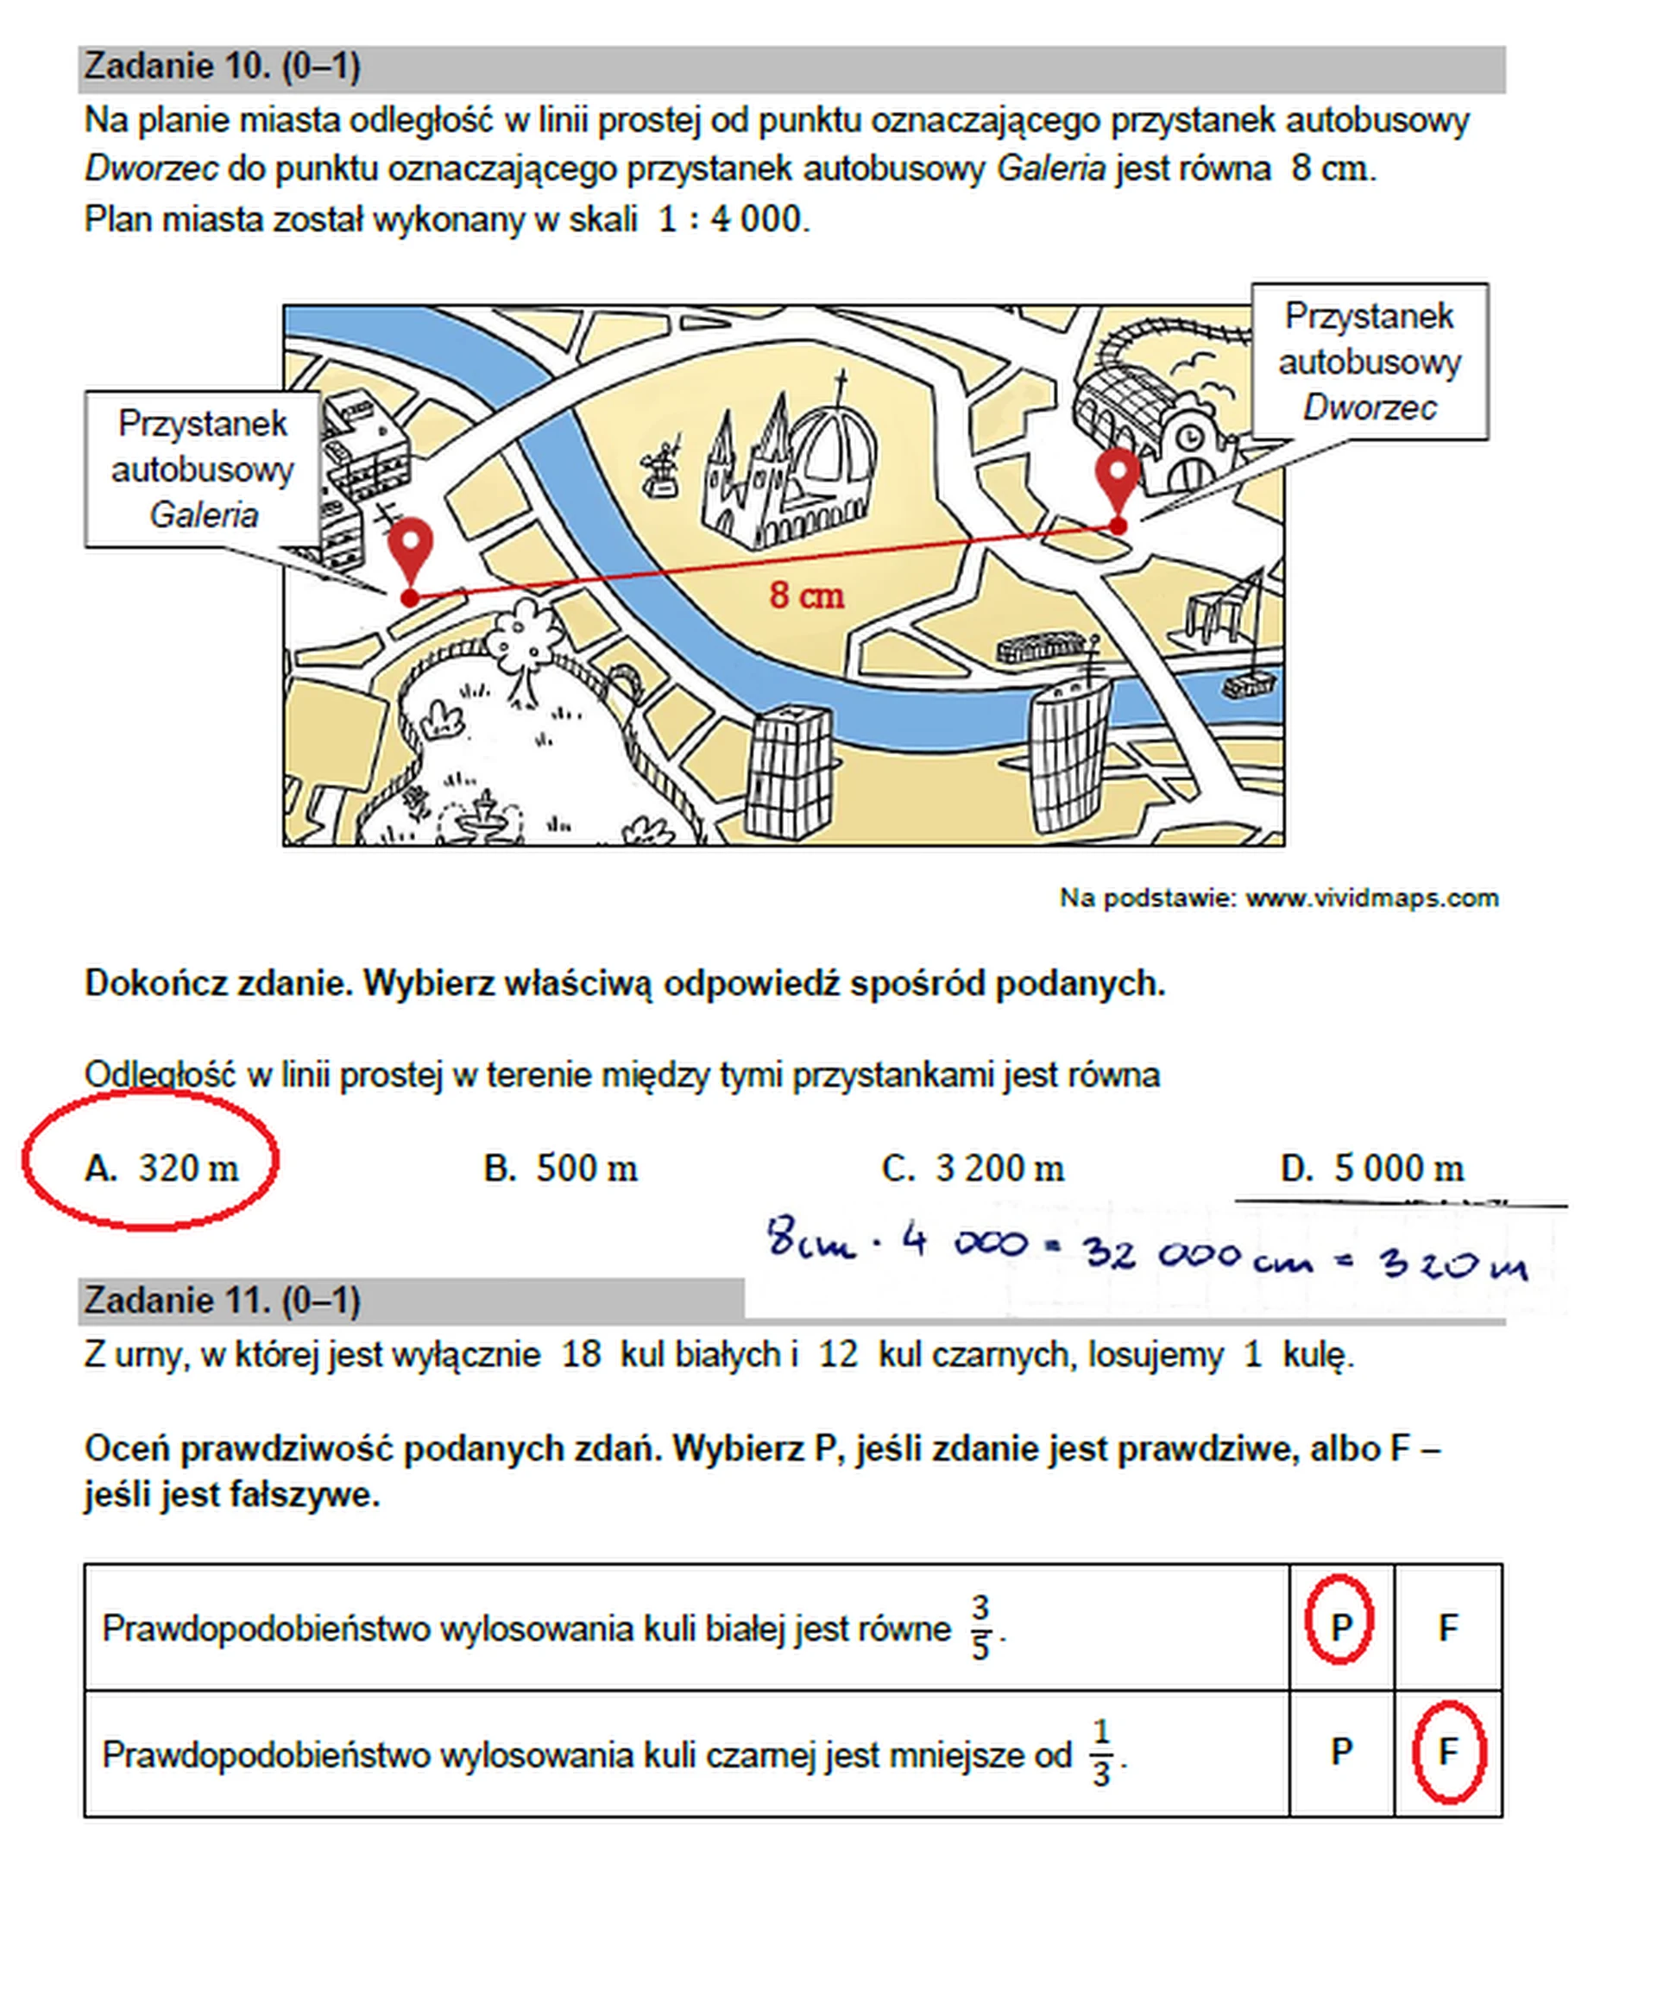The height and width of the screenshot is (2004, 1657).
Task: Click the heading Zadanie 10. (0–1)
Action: (222, 66)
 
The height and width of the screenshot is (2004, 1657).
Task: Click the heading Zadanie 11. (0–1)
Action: (222, 1300)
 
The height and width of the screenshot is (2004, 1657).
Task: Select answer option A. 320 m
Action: (161, 1168)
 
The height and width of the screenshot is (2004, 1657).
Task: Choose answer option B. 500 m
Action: (560, 1168)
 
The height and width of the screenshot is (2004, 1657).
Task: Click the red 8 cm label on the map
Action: (807, 596)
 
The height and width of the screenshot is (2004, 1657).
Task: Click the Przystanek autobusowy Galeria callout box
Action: (202, 469)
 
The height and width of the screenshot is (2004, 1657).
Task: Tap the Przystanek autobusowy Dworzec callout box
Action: (1369, 361)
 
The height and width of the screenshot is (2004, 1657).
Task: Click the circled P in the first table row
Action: (1340, 1627)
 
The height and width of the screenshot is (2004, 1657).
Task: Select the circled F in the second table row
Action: (1448, 1751)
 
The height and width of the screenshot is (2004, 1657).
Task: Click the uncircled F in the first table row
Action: (1448, 1627)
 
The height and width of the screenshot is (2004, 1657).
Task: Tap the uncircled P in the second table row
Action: (1340, 1751)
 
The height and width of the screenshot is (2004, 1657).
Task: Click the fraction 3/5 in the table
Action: (980, 1628)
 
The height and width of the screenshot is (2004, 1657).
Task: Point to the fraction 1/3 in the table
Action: (1100, 1753)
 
